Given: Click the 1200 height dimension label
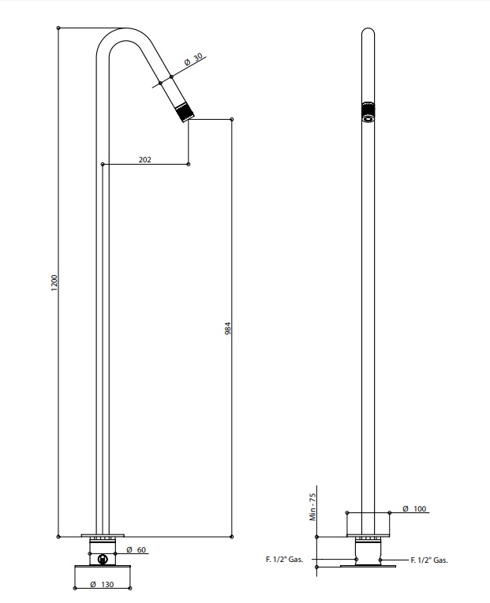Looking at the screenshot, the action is pyautogui.click(x=54, y=283).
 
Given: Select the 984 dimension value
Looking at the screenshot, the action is pyautogui.click(x=228, y=329).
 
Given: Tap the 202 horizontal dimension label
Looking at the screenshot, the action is pyautogui.click(x=144, y=159).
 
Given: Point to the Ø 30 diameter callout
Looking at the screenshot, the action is pyautogui.click(x=193, y=60).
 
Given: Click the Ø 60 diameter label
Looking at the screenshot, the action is pyautogui.click(x=137, y=550).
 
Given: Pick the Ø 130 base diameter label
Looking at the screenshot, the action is pyautogui.click(x=102, y=585).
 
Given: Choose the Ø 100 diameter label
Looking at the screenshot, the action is pyautogui.click(x=414, y=508).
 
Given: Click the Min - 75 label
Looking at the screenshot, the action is pyautogui.click(x=312, y=508).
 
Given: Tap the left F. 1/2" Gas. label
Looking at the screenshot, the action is pyautogui.click(x=285, y=560).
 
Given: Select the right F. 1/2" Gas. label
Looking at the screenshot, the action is pyautogui.click(x=429, y=560).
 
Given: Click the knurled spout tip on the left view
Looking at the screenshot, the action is pyautogui.click(x=185, y=112).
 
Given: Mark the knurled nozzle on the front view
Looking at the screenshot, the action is pyautogui.click(x=368, y=112).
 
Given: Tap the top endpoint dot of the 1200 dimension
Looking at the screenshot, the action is pyautogui.click(x=58, y=28).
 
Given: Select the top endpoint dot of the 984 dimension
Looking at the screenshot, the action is pyautogui.click(x=232, y=119).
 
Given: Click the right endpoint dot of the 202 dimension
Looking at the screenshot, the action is pyautogui.click(x=189, y=164).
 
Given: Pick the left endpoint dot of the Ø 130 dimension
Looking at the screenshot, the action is pyautogui.click(x=74, y=588).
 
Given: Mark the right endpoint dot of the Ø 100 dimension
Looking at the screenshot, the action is pyautogui.click(x=390, y=512).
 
